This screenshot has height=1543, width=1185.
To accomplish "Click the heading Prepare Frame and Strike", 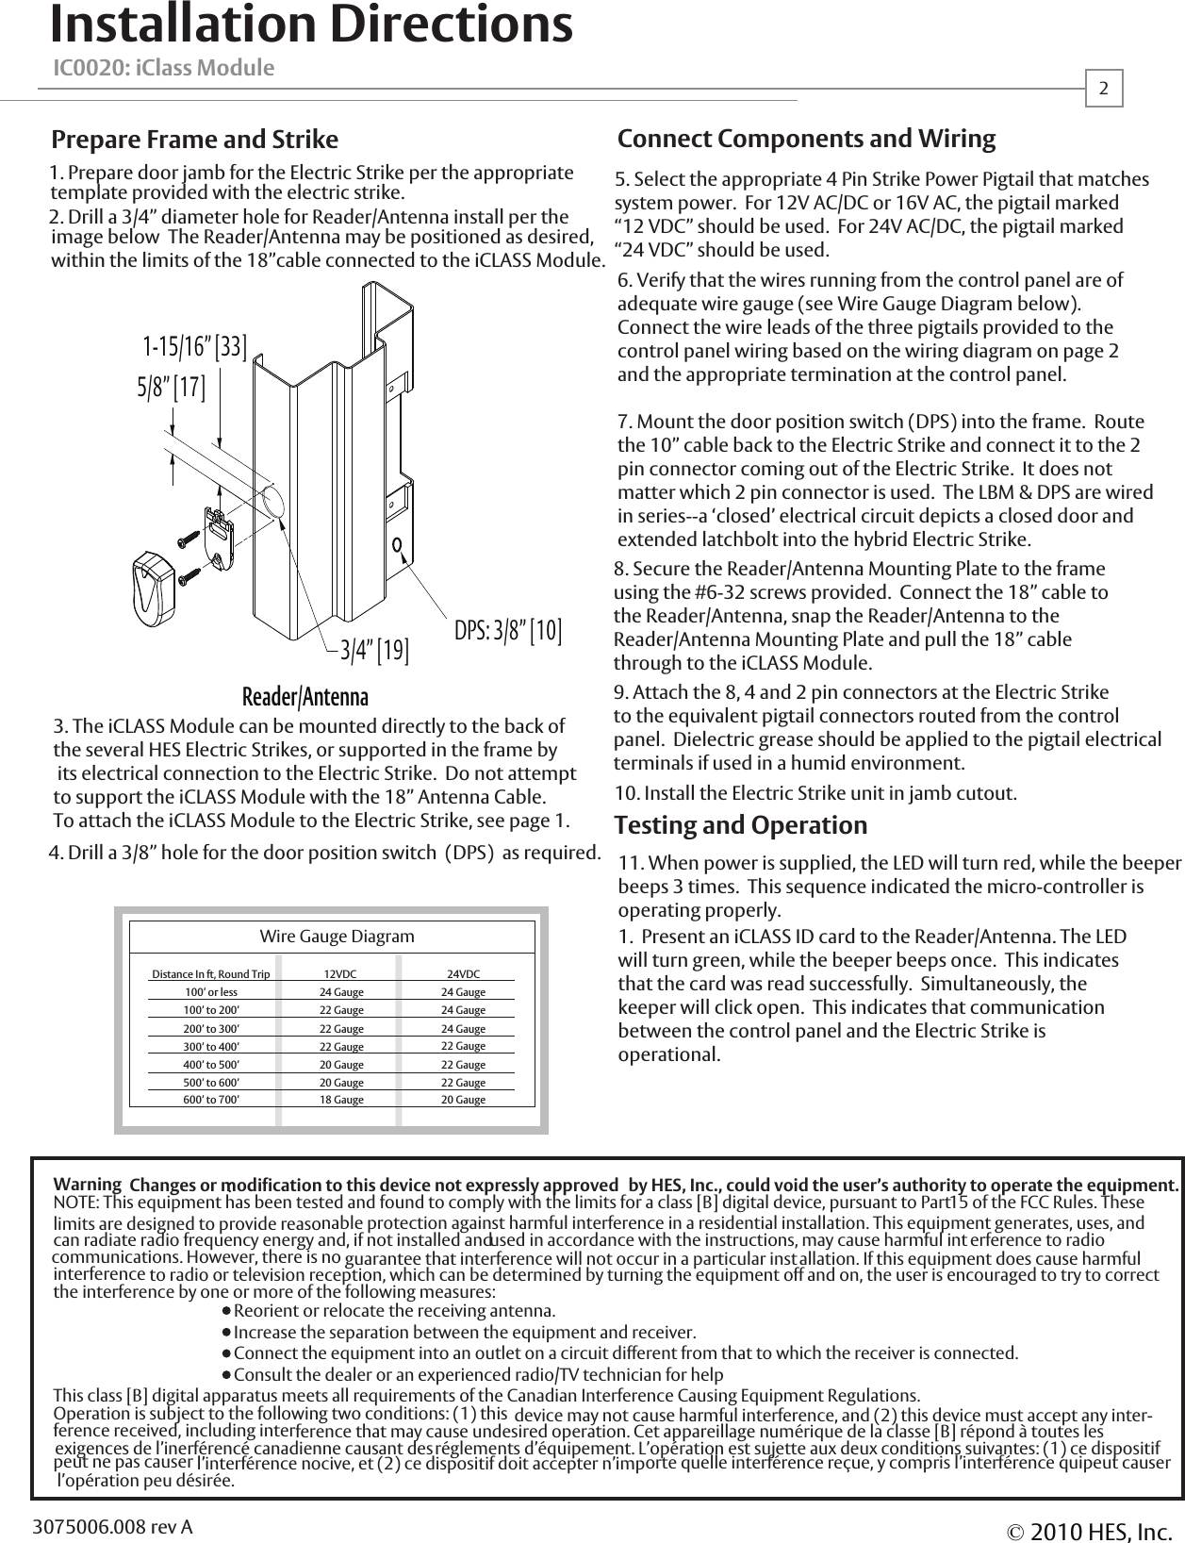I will point(194,141).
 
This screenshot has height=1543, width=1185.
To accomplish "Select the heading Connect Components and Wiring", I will point(806,140).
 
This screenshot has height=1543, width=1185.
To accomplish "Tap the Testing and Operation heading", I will point(740,825).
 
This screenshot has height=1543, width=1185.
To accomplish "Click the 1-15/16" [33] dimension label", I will point(195,348).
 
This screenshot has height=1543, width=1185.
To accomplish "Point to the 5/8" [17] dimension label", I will point(172,387).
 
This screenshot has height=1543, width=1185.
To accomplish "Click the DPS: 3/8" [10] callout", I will point(508,631).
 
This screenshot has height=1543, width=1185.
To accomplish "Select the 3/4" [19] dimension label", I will point(374,651).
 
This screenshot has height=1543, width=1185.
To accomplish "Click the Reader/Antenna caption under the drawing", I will point(305,697).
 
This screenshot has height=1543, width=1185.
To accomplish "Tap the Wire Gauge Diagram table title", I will point(337,937).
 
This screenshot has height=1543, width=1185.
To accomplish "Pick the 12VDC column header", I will point(340,974).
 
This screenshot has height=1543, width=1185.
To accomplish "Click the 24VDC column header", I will point(463,974).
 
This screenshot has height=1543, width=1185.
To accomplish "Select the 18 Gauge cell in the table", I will point(341,1100).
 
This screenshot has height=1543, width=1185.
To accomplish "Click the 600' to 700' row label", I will point(211,1100).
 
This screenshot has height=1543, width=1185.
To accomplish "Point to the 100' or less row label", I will point(211,992).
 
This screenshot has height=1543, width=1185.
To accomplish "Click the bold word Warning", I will point(88,1184).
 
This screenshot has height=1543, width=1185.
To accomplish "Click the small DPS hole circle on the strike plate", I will point(398,545).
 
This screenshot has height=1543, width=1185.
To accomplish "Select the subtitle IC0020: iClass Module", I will point(164,69).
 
